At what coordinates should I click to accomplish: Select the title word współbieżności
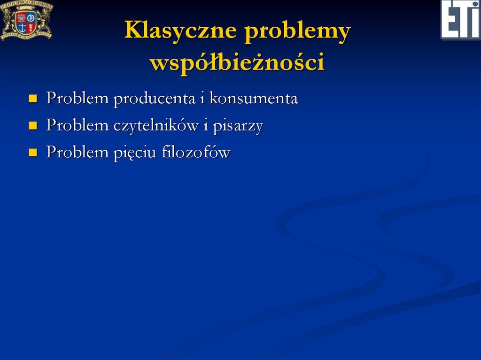[x=237, y=62]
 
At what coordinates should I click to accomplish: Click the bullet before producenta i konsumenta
[x=33, y=99]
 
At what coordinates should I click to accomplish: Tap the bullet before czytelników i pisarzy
[x=33, y=126]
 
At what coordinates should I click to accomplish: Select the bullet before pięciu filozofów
[x=33, y=153]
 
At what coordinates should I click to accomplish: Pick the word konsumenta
[x=254, y=99]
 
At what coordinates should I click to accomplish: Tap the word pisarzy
[x=238, y=126]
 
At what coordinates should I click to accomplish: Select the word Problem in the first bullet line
[x=78, y=99]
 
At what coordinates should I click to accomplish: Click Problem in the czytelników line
[x=78, y=125]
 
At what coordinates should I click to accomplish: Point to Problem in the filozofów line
[x=78, y=152]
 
